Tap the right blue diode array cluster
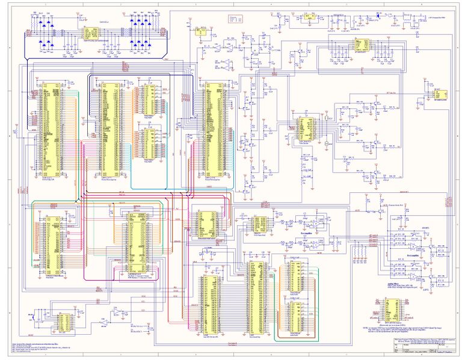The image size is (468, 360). [140, 31]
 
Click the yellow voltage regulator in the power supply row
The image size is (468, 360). [309, 18]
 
